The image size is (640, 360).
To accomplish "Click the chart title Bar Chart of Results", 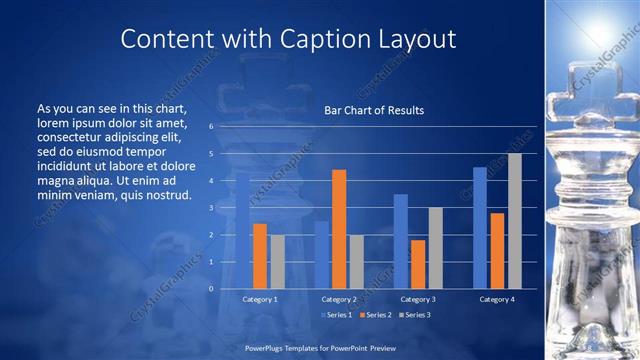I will (x=374, y=110).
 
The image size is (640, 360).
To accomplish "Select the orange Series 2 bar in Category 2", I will (x=339, y=229).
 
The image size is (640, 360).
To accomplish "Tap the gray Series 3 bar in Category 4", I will (x=515, y=221).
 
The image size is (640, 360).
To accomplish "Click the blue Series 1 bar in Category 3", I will (x=400, y=241).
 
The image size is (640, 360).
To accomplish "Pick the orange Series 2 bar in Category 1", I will (x=260, y=256).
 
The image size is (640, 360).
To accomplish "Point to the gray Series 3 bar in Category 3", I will (x=436, y=248).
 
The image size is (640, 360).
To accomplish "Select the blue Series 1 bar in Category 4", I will (x=480, y=228).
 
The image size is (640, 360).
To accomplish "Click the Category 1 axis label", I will (x=260, y=299).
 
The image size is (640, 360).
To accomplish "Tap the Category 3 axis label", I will (x=418, y=299).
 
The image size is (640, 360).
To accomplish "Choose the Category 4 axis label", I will (x=497, y=299).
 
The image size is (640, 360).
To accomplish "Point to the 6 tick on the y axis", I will (x=211, y=127).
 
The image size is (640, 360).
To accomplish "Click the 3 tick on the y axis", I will (x=211, y=208).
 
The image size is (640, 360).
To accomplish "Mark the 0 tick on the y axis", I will (x=211, y=288).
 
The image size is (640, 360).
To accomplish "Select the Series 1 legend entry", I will (x=336, y=315).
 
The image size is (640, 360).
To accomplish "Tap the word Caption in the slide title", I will (x=323, y=40).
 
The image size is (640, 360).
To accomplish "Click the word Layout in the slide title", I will (x=414, y=40).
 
